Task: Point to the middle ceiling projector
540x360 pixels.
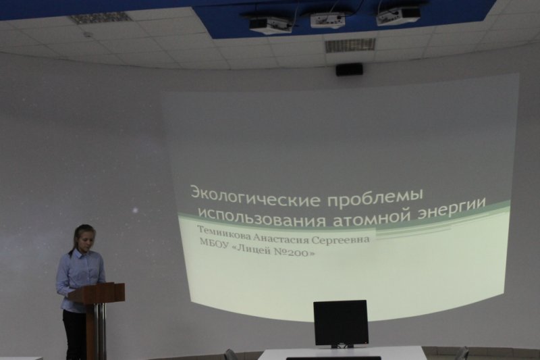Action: (x=327, y=20)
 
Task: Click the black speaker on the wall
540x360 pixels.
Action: (x=349, y=68)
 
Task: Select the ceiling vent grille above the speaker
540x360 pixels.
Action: (x=340, y=45)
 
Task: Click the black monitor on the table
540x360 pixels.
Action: (x=340, y=322)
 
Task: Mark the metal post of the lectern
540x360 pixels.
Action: (x=101, y=331)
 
